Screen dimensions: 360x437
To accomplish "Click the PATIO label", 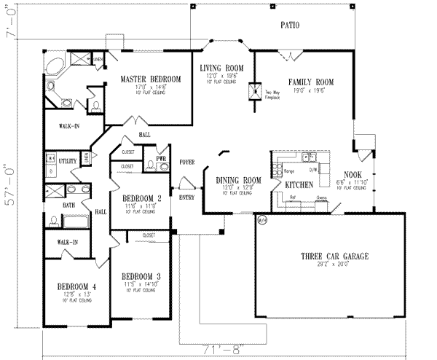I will click(289, 26).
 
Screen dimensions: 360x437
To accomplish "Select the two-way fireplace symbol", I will click(254, 92).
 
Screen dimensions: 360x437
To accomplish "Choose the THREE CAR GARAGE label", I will click(334, 257).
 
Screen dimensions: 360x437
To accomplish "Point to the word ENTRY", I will click(187, 197).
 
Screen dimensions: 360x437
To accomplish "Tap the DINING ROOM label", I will click(238, 180).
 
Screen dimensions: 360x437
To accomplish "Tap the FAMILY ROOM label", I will click(310, 83).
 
